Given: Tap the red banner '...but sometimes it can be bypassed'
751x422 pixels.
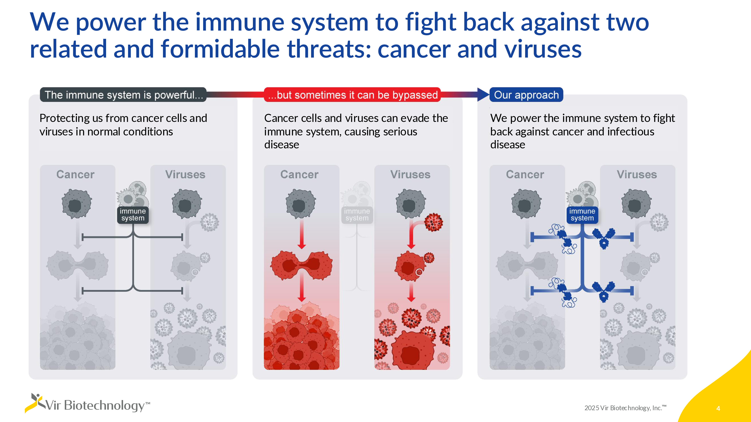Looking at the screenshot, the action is [352, 95].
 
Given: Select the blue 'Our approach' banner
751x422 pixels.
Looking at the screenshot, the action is [526, 95].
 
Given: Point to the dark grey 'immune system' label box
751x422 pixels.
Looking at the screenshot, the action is [133, 215].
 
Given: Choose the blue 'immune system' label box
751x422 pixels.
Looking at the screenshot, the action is [582, 215].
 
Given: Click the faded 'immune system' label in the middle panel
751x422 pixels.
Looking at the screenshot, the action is [357, 215].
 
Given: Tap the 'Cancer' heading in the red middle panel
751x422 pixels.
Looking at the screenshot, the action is [299, 174].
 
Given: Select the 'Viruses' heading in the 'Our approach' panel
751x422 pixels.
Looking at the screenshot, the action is [637, 174].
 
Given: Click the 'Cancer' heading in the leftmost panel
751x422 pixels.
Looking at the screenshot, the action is [75, 174].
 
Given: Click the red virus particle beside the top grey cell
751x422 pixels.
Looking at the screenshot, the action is [434, 222].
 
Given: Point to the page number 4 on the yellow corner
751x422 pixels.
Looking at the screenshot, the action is [718, 408].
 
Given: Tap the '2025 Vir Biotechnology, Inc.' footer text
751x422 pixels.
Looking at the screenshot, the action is [625, 408].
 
